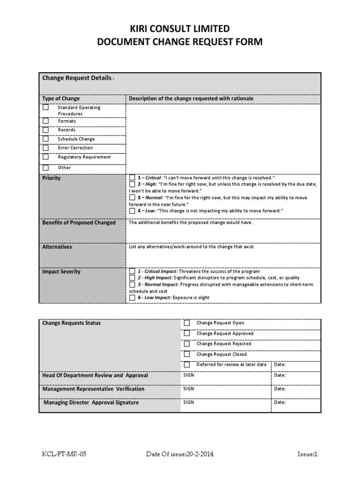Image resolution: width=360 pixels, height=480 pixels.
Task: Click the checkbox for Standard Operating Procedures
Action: tap(45, 107)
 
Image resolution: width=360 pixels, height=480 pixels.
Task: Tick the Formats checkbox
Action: tap(45, 121)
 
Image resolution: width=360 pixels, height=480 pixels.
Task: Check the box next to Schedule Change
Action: tap(45, 139)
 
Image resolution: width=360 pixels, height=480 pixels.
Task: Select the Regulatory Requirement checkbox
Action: tap(45, 157)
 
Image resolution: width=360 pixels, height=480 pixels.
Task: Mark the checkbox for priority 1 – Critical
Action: tap(132, 178)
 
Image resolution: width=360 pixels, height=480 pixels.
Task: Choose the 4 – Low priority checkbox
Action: tap(132, 211)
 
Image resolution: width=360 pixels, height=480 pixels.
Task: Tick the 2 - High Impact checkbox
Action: tap(132, 278)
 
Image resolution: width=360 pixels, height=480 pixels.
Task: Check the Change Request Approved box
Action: tap(187, 333)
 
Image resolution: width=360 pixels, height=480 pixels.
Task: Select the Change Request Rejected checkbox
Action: tap(187, 344)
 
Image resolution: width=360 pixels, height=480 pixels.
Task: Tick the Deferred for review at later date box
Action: tap(187, 364)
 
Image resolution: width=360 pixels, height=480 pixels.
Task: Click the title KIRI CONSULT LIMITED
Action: tap(180, 29)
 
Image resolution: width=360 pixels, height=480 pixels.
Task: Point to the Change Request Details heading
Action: tap(77, 78)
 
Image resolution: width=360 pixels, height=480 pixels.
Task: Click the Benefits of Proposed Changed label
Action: tap(79, 223)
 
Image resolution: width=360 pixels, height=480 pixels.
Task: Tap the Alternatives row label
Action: tap(57, 247)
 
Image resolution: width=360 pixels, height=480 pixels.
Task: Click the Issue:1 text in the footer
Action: tap(307, 454)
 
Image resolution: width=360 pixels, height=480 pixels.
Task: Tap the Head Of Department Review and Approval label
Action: tap(95, 375)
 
